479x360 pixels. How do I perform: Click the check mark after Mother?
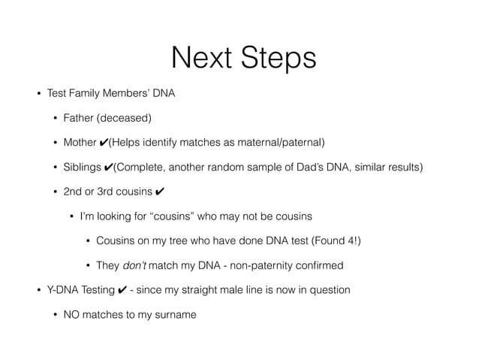103,143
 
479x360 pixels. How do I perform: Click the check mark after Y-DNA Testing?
119,290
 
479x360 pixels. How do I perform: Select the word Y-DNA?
62,290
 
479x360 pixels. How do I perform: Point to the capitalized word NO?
72,314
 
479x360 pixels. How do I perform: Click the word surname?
175,314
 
